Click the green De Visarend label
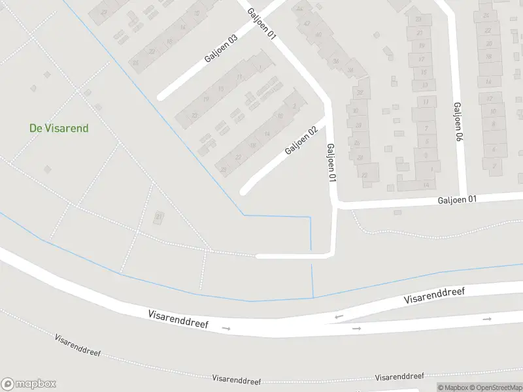tap(59, 128)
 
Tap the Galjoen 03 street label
tap(221, 48)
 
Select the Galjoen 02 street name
tap(301, 140)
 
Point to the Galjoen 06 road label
tap(458, 122)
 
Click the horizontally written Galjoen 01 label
tap(458, 200)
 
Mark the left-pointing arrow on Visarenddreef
tap(339, 318)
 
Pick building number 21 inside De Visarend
tap(159, 216)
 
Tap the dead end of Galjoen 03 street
tap(161, 97)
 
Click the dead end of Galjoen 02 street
tap(244, 191)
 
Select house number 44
tap(301, 8)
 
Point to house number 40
tap(318, 35)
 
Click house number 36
tap(336, 61)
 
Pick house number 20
tap(488, 44)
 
